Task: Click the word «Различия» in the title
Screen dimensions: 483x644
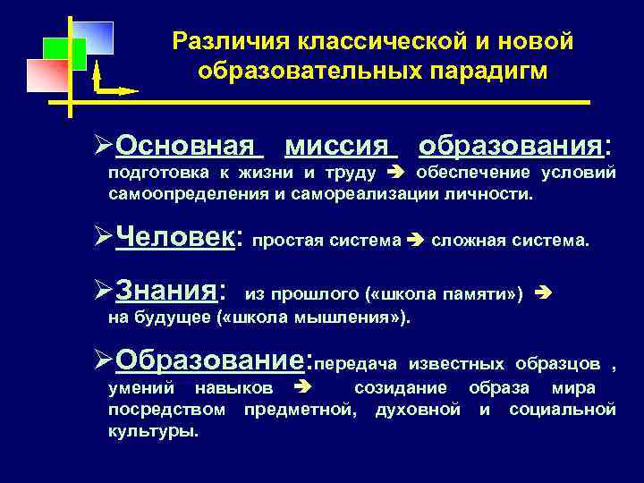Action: point(225,41)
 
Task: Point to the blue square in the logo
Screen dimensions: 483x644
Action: point(94,38)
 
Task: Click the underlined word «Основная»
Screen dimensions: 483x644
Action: point(190,145)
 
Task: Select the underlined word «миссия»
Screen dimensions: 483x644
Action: point(341,145)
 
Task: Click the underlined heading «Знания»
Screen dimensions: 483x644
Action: point(169,290)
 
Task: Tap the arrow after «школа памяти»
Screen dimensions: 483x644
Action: point(548,293)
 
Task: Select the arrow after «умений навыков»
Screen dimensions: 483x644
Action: point(301,389)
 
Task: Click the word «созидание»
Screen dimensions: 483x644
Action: point(402,389)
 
